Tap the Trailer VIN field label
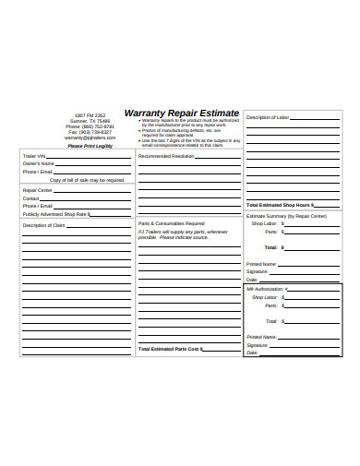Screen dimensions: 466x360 tap(34, 157)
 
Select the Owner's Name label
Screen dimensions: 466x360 tap(38, 164)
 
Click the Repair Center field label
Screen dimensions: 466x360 tap(37, 190)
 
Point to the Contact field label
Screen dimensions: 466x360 tap(30, 198)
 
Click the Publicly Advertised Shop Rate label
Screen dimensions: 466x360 tap(55, 213)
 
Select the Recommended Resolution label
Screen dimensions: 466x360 tap(166, 157)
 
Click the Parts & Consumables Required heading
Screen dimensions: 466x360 tap(172, 223)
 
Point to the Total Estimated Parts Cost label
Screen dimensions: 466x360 tap(172, 350)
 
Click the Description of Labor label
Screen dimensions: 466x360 tap(269, 117)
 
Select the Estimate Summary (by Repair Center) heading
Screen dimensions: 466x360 tap(286, 215)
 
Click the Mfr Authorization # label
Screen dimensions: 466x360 tap(267, 289)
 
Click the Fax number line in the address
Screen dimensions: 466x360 tap(91, 132)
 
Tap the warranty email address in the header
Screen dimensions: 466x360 tap(91, 137)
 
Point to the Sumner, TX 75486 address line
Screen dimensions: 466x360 tap(91, 121)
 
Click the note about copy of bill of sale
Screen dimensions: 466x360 tap(87, 180)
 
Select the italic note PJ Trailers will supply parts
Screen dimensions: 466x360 tap(182, 234)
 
